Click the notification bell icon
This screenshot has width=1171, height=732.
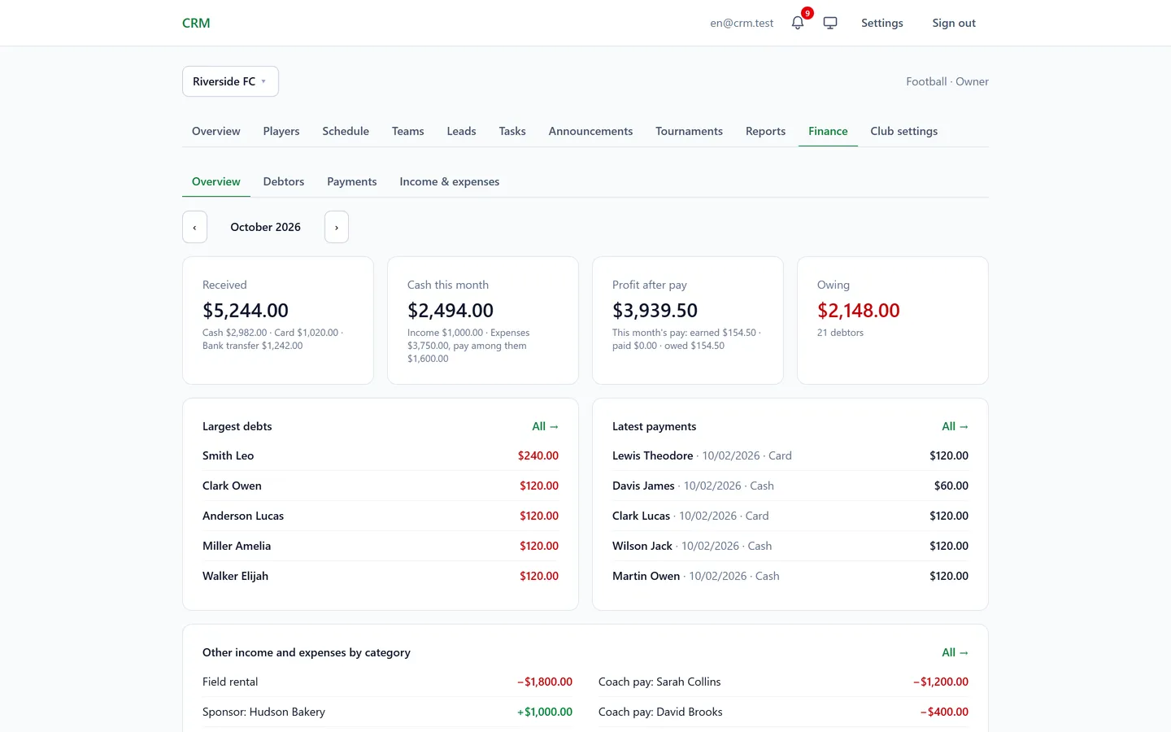click(x=797, y=23)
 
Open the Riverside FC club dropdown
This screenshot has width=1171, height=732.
click(x=230, y=81)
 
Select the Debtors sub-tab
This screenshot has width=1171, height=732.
click(x=283, y=181)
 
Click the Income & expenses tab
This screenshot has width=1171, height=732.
click(x=449, y=181)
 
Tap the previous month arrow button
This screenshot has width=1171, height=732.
click(x=194, y=227)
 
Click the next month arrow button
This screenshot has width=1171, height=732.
click(x=336, y=227)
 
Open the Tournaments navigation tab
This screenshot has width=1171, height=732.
click(x=689, y=131)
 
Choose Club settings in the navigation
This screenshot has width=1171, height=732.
click(x=903, y=131)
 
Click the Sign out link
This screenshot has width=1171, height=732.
click(x=954, y=23)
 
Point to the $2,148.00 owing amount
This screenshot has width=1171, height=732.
click(x=859, y=310)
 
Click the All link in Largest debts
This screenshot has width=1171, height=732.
click(x=545, y=426)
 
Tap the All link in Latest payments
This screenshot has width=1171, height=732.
click(x=955, y=426)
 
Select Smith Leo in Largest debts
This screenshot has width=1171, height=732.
click(x=228, y=455)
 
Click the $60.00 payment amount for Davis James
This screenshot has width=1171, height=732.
click(x=951, y=486)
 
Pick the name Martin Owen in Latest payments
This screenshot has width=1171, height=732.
click(x=646, y=576)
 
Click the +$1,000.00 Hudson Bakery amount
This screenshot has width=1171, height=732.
click(x=544, y=712)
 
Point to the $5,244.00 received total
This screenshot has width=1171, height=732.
click(x=246, y=310)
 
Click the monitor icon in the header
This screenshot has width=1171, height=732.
click(x=830, y=23)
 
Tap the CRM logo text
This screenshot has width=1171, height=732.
click(x=196, y=23)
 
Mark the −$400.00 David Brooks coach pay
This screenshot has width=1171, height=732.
click(x=944, y=712)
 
